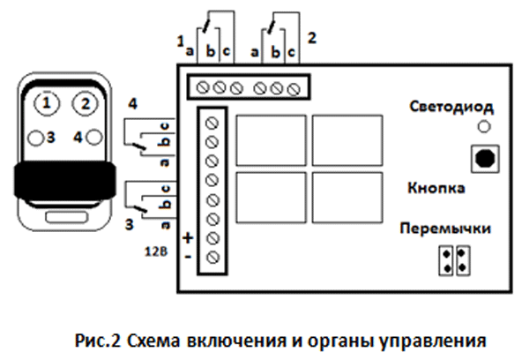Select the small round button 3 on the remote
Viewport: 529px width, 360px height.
pos(34,137)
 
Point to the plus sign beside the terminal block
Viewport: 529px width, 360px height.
pos(187,238)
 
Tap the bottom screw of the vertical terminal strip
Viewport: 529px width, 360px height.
pos(212,257)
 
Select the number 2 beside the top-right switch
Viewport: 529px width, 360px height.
pos(311,39)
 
